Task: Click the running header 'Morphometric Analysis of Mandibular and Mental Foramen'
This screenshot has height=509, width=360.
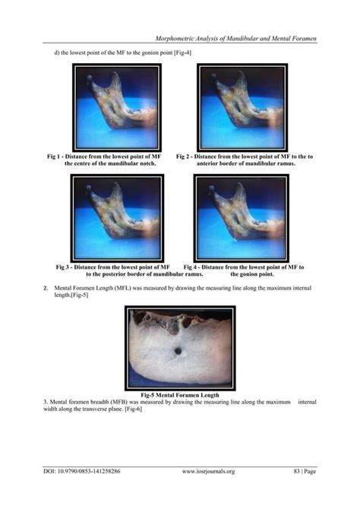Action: [x=235, y=37]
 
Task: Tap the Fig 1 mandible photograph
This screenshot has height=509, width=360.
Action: [x=118, y=106]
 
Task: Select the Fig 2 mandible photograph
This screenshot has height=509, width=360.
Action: [x=241, y=106]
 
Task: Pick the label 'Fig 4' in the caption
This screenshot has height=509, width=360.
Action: [x=192, y=267]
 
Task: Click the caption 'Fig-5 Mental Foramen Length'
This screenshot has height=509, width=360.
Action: [x=180, y=395]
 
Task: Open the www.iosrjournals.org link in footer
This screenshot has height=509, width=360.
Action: [x=208, y=471]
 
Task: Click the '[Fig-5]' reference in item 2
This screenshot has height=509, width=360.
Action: [x=78, y=296]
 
